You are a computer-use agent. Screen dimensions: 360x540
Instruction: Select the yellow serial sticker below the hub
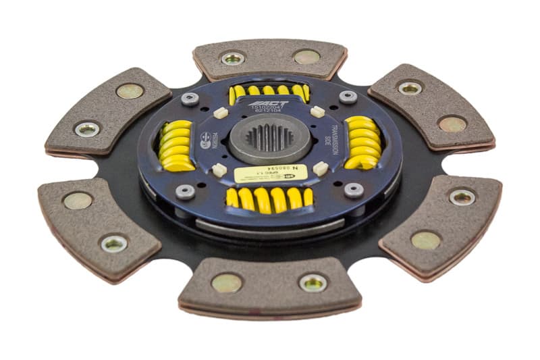pos(271,174)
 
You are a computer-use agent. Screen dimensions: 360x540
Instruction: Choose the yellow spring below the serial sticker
pos(269,197)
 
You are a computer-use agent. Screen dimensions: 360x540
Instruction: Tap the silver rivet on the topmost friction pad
pos(234,58)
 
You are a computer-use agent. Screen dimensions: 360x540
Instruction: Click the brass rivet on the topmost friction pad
pos(306,56)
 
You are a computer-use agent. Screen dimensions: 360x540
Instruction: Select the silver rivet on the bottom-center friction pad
pos(313,282)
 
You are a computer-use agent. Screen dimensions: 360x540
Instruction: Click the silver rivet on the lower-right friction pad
pos(462,197)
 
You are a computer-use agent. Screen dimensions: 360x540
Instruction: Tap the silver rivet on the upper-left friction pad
pos(87,129)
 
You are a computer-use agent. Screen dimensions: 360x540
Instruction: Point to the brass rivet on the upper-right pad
pos(452,124)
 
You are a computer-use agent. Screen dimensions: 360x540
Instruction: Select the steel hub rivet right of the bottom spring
pos(354,190)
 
